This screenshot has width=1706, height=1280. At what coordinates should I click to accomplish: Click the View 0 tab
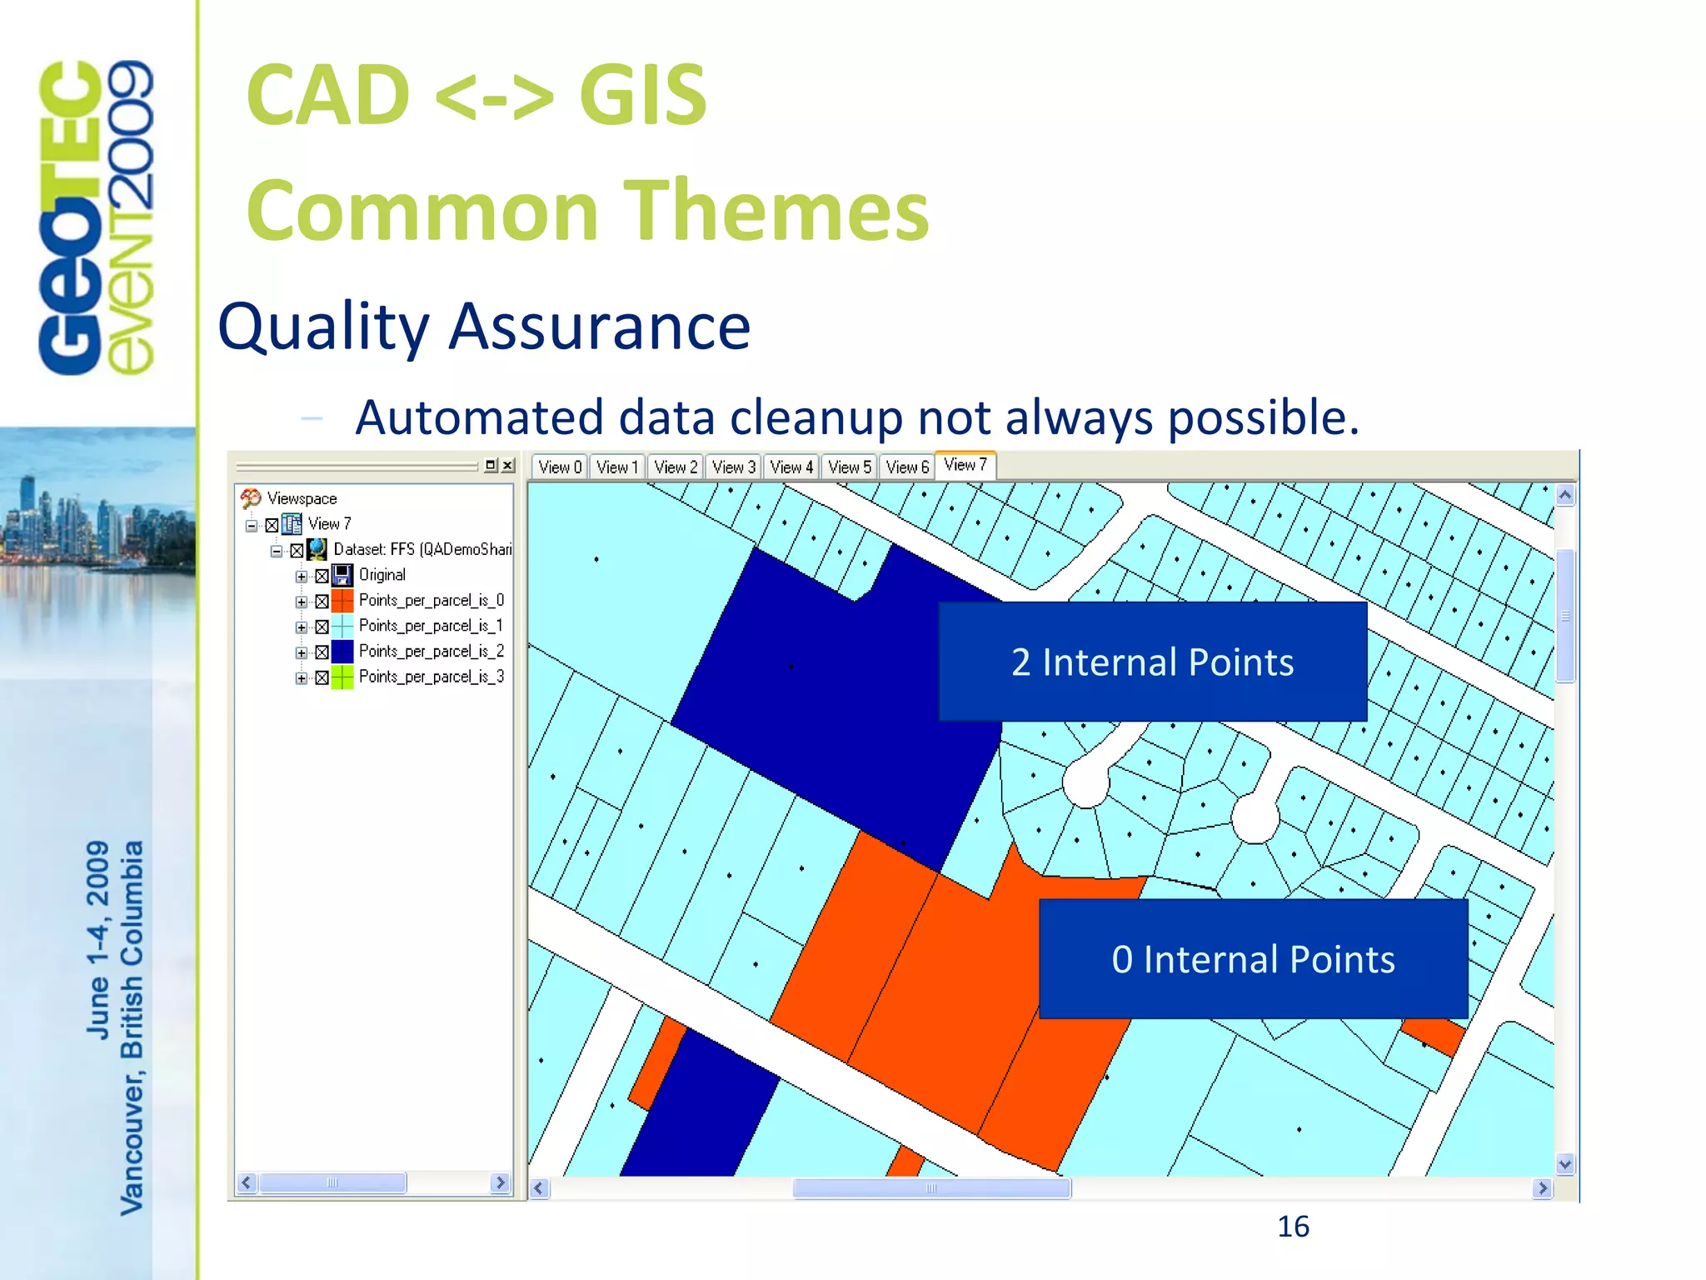[559, 467]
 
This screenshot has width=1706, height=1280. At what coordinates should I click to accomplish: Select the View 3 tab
[733, 467]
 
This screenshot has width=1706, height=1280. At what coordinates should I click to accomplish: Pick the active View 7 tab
[965, 465]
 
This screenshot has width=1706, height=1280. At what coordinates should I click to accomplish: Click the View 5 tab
[849, 467]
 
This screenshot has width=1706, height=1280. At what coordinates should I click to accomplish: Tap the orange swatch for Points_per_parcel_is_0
[342, 601]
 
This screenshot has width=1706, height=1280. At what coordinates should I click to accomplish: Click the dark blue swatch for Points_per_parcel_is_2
[342, 652]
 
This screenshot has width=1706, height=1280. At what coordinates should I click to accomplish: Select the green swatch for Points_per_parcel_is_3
[342, 677]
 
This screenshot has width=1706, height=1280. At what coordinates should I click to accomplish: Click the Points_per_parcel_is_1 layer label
[430, 626]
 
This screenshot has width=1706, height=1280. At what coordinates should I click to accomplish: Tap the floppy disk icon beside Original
[342, 575]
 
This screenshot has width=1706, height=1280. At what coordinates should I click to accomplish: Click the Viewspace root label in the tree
[302, 498]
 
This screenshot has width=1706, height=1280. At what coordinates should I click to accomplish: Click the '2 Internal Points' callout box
[1152, 662]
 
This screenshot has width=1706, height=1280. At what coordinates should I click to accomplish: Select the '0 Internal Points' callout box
[1253, 958]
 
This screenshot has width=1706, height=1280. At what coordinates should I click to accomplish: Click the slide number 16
[1293, 1227]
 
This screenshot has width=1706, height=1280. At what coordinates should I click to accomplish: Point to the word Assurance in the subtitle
[600, 327]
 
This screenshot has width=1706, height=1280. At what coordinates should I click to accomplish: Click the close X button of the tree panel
[508, 465]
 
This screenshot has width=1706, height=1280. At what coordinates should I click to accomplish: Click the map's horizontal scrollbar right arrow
[1542, 1187]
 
